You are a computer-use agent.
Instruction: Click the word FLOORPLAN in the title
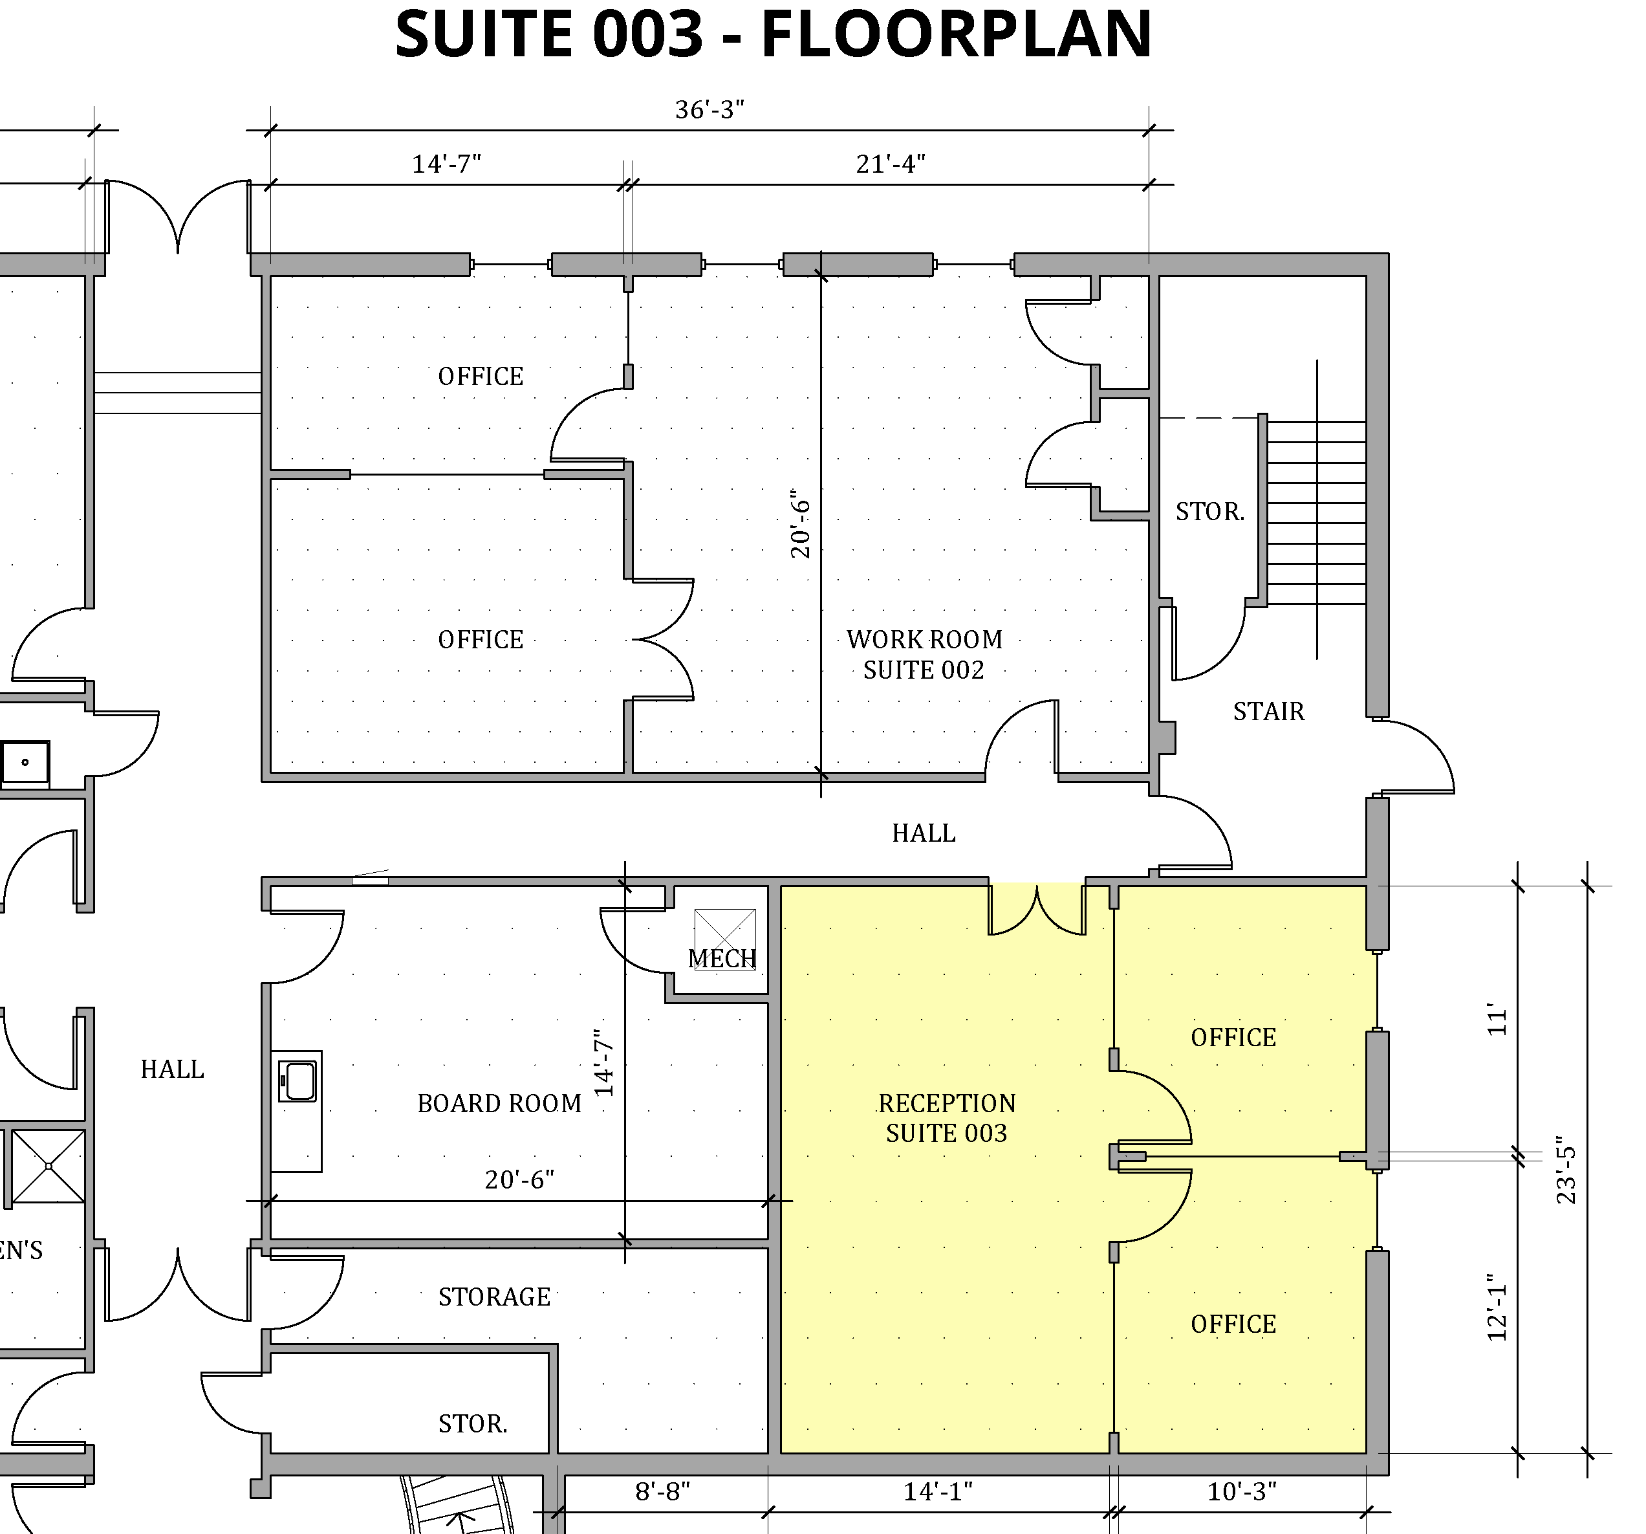(x=957, y=35)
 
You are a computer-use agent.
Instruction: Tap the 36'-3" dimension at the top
(x=709, y=110)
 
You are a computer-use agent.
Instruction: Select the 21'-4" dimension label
(x=890, y=164)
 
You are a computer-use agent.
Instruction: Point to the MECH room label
(x=722, y=958)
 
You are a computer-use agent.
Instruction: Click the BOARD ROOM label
(x=499, y=1103)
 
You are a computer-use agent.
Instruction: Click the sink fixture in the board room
(x=298, y=1082)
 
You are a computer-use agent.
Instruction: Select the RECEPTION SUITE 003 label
(x=946, y=1118)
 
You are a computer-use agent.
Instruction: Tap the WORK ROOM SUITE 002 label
(x=924, y=654)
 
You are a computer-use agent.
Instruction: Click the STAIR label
(x=1268, y=712)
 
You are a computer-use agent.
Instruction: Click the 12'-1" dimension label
(x=1497, y=1308)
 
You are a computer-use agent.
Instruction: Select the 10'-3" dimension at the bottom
(x=1241, y=1492)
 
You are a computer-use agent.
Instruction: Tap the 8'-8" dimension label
(x=662, y=1492)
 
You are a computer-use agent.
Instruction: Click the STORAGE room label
(x=494, y=1297)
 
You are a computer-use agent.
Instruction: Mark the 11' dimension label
(x=1497, y=1020)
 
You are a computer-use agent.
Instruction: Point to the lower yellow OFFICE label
(x=1233, y=1324)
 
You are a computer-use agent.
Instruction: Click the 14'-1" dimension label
(x=937, y=1492)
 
